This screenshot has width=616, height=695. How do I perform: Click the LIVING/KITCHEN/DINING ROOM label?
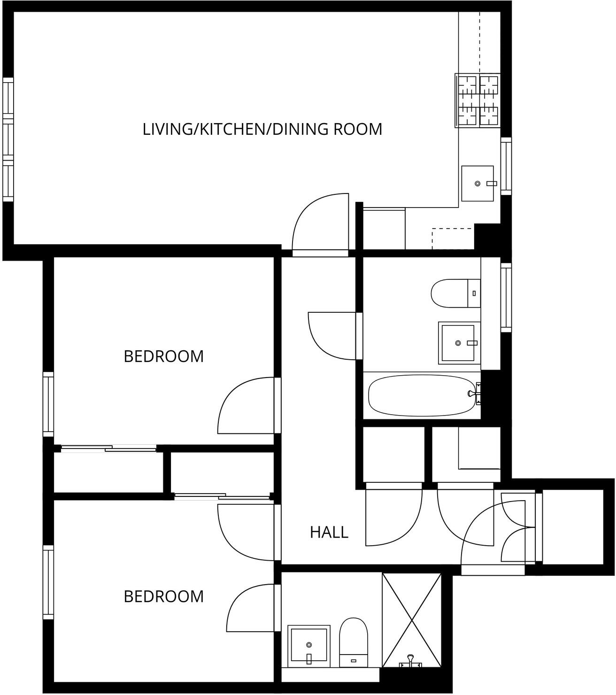(x=262, y=129)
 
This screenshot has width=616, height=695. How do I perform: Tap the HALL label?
(x=329, y=532)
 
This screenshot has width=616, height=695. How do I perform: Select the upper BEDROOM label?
(x=163, y=356)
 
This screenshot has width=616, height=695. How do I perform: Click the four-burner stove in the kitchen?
(x=477, y=100)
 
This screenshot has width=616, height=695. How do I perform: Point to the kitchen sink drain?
(x=477, y=184)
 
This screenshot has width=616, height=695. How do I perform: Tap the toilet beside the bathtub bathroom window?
(x=455, y=293)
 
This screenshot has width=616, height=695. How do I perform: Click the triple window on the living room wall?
(x=8, y=139)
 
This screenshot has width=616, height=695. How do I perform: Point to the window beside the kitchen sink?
(x=506, y=166)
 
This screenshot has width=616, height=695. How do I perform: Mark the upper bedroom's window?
(x=48, y=404)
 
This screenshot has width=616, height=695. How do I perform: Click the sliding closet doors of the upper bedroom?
(x=108, y=448)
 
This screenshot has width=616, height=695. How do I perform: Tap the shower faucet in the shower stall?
(x=410, y=661)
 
